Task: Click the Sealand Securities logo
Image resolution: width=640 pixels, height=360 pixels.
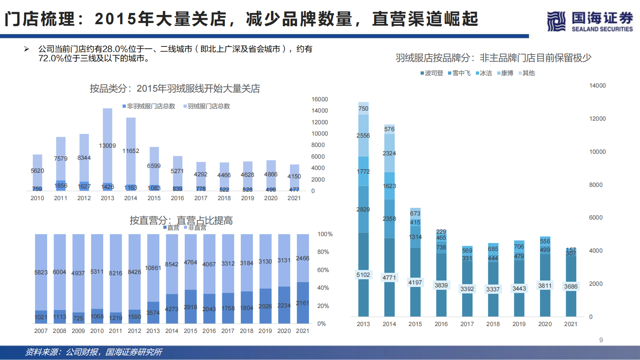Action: [x=589, y=21]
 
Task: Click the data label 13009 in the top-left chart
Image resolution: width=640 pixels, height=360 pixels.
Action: [x=107, y=146]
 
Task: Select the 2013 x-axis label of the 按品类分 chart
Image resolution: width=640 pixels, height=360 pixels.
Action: [x=107, y=198]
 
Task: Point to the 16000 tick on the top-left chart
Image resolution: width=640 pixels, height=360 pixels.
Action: [x=319, y=99]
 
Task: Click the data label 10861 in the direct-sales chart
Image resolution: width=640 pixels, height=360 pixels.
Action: [x=153, y=268]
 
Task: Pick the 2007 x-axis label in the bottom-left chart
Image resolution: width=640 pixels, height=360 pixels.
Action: [x=41, y=331]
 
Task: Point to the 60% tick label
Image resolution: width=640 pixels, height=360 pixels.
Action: [x=323, y=270]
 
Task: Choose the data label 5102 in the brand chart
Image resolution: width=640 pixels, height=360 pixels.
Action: [x=363, y=275]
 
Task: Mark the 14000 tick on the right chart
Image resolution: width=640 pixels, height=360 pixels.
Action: [x=597, y=86]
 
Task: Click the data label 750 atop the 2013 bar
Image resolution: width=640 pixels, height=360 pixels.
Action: [x=363, y=109]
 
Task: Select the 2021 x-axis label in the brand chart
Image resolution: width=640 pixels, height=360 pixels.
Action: [x=571, y=324]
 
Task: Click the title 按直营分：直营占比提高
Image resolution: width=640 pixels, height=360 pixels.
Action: [x=181, y=220]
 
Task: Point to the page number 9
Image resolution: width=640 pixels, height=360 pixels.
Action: [x=601, y=340]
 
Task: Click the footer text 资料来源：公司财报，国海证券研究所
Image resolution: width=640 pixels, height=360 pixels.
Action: [x=94, y=352]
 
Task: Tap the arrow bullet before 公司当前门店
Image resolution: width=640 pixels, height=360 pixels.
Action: [x=27, y=49]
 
